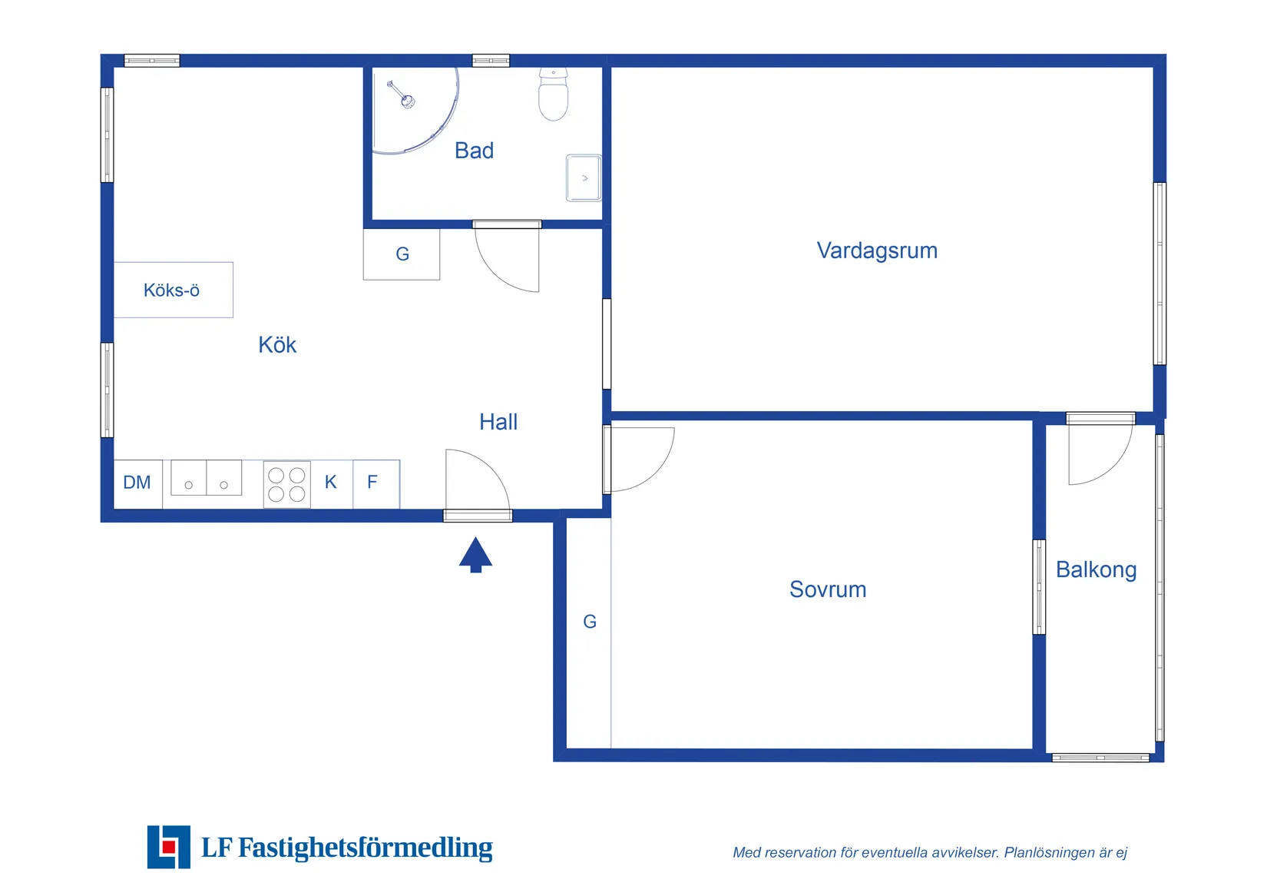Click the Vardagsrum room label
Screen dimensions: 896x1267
pos(877,251)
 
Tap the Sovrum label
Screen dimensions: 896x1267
pos(828,589)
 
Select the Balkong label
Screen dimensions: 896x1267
pos(1096,569)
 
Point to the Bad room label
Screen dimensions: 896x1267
pos(474,151)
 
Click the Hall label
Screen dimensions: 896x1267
pos(498,422)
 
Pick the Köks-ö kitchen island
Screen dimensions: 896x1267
pos(174,290)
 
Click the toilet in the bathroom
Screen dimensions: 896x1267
pos(553,95)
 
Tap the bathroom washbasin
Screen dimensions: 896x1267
pos(584,178)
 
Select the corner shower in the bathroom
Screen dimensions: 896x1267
pos(411,108)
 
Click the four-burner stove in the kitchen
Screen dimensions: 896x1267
pos(286,484)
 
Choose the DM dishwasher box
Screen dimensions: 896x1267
pos(137,483)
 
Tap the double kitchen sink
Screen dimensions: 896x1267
pos(206,478)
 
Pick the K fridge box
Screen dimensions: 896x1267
pos(331,483)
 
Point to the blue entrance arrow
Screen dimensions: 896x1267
pos(475,554)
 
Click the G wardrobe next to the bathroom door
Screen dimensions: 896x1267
pos(402,254)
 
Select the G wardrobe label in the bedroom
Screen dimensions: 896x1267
pos(590,622)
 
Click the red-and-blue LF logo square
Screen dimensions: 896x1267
pos(169,847)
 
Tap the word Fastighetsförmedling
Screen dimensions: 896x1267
pos(366,848)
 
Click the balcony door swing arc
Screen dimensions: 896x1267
pos(1106,461)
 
